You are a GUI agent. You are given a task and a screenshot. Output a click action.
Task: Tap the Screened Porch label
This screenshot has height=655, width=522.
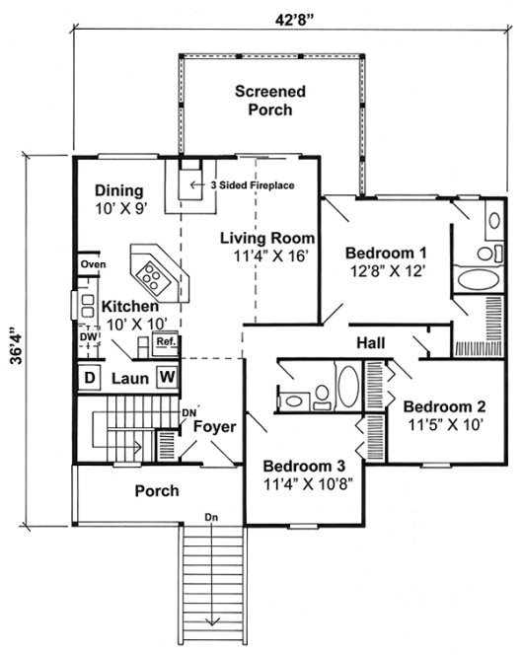coord(269,101)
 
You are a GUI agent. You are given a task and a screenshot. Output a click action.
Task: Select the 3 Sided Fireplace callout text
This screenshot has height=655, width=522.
coord(253,184)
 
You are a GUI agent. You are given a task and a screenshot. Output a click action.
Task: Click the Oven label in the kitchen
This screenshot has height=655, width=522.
coord(93,264)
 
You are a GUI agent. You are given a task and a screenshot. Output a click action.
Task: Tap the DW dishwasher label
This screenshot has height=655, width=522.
coord(89,335)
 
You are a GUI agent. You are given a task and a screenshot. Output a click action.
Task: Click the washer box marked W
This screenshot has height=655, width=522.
coord(167,377)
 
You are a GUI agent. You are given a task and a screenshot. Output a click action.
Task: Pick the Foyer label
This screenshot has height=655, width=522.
coord(213,427)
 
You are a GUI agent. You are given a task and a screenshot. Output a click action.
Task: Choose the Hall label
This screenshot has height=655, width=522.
coord(371,342)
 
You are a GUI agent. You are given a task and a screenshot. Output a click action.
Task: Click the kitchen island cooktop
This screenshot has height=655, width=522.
coord(152,268)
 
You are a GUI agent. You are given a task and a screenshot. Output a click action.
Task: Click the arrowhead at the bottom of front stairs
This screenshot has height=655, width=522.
coord(211,622)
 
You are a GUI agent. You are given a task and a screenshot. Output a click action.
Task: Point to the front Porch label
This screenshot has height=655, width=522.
coord(157,490)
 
